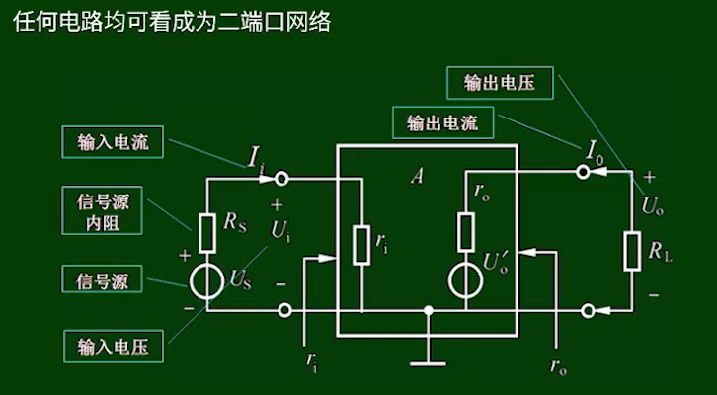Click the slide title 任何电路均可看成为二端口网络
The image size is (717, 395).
[172, 22]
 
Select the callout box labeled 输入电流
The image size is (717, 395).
[112, 141]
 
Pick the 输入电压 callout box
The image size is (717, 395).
[112, 347]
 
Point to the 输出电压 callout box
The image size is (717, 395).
[499, 83]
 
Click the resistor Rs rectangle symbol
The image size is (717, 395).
[208, 233]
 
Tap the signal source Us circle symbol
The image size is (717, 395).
[208, 280]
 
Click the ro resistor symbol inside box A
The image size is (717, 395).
[466, 232]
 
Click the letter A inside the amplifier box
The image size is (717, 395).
[417, 177]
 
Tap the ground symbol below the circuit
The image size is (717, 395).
[428, 356]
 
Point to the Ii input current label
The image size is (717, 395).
[257, 156]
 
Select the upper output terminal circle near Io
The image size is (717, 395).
[584, 172]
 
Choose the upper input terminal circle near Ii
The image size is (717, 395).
[282, 179]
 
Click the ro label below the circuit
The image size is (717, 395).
[558, 366]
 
